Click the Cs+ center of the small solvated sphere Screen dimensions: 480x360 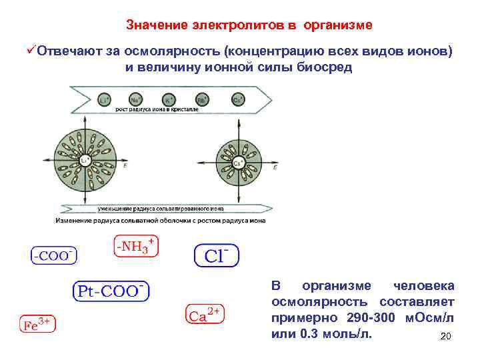(237, 163)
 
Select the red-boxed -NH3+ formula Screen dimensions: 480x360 (136, 247)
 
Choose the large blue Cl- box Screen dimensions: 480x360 (216, 255)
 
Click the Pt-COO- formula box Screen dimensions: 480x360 (111, 291)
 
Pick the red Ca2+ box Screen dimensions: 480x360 (203, 315)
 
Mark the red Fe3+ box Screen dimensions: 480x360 (37, 325)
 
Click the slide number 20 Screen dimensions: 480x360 (446, 337)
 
